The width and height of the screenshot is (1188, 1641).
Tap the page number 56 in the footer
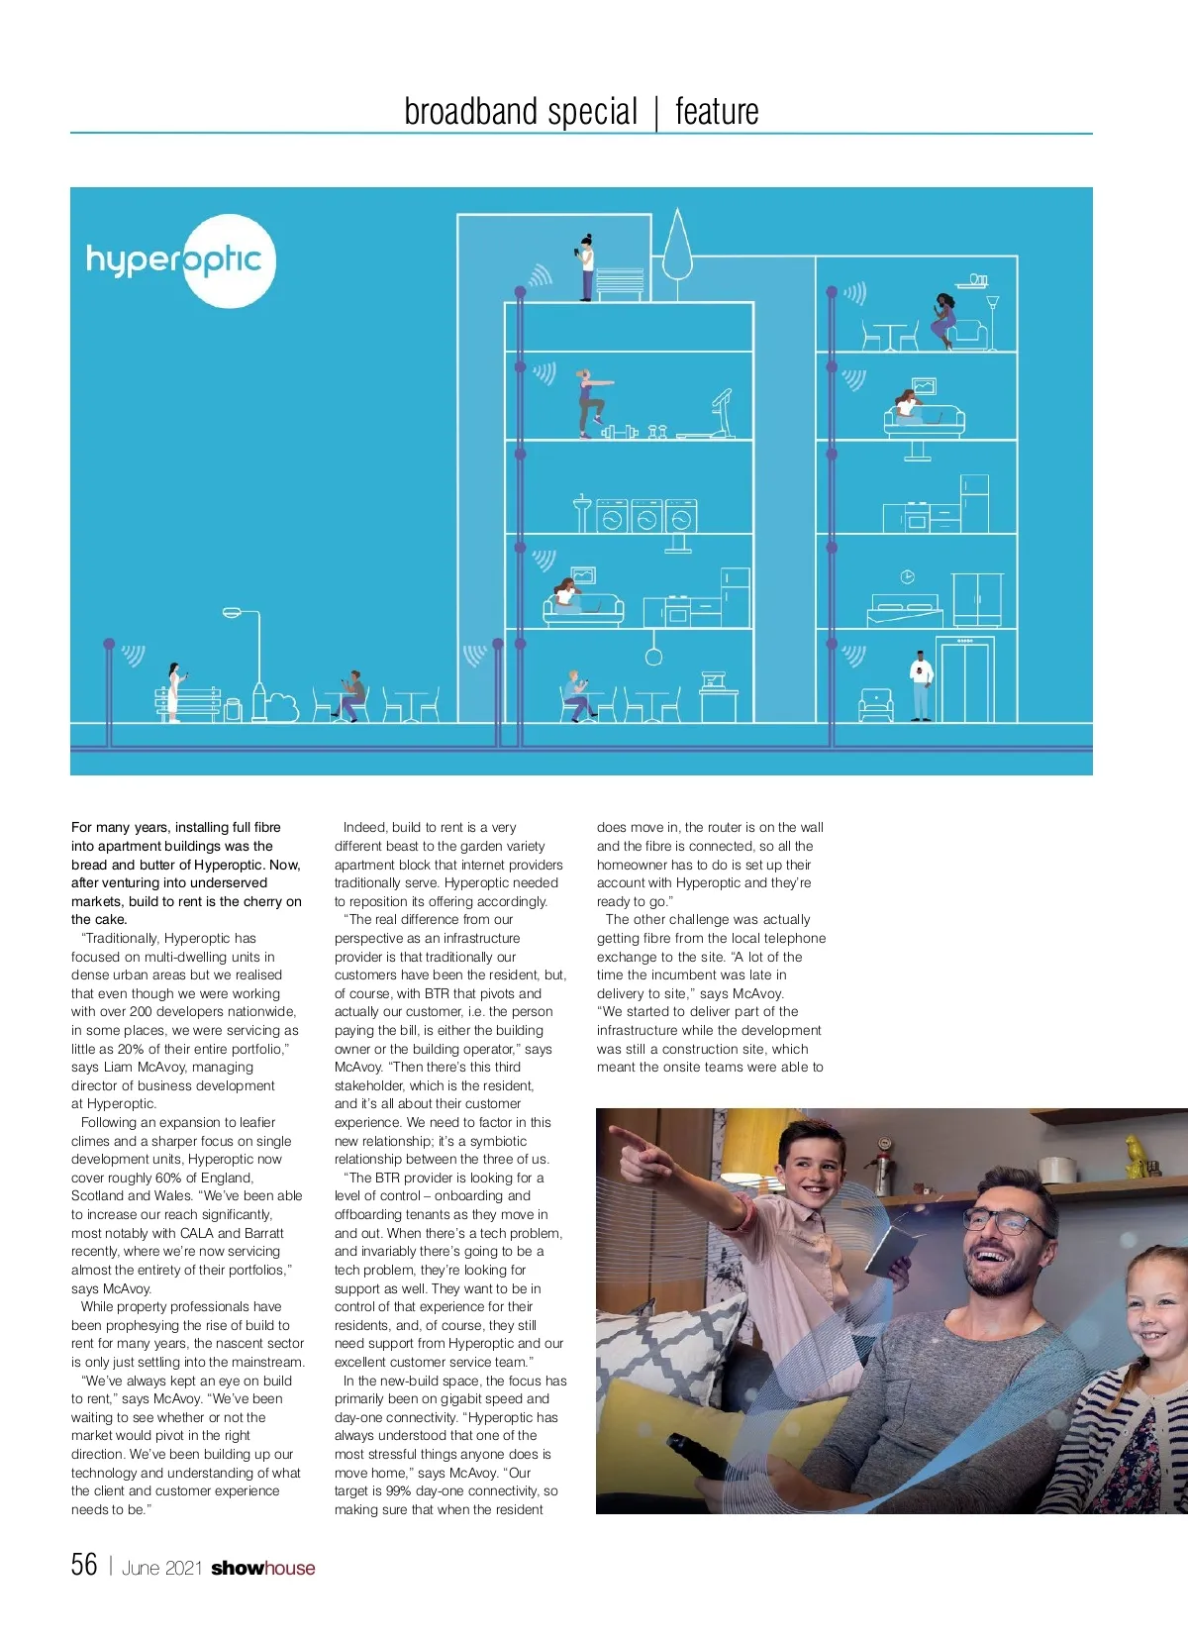(x=84, y=1565)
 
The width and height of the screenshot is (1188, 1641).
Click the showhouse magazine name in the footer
(x=262, y=1568)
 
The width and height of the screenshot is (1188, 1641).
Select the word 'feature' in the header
(x=717, y=111)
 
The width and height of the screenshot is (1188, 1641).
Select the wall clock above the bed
(x=907, y=576)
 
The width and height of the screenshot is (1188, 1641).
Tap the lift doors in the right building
(x=964, y=683)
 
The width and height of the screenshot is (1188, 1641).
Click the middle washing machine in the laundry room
(x=646, y=518)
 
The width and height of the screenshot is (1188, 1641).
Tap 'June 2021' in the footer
(x=161, y=1568)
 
